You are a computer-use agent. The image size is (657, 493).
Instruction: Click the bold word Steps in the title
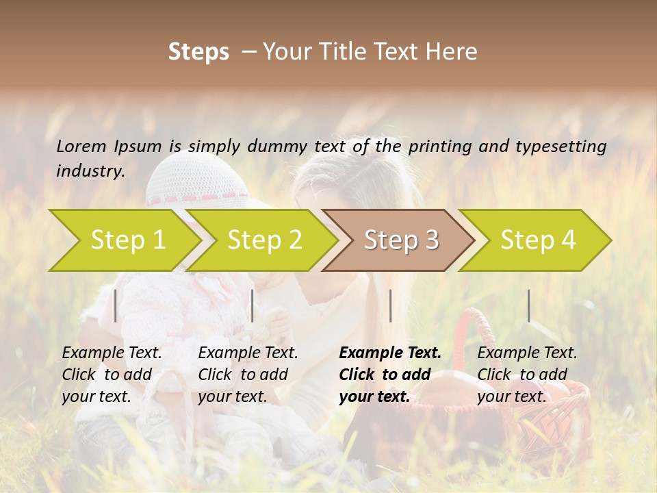click(198, 52)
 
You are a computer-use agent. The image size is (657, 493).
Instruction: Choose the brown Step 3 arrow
click(401, 240)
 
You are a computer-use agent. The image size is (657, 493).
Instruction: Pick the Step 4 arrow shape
click(538, 240)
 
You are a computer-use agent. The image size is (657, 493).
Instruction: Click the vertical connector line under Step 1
click(116, 305)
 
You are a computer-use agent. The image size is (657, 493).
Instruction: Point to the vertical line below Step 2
click(253, 305)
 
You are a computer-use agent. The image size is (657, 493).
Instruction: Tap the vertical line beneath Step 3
click(390, 305)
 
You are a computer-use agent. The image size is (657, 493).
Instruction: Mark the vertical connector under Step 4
click(528, 305)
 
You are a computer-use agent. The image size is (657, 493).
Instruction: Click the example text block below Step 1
click(112, 375)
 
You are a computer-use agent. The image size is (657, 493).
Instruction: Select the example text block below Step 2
click(248, 375)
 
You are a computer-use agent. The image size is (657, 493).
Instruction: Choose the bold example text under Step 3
click(390, 375)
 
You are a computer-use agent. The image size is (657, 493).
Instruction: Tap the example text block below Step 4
click(527, 375)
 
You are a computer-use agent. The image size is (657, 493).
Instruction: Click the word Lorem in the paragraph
click(81, 147)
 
